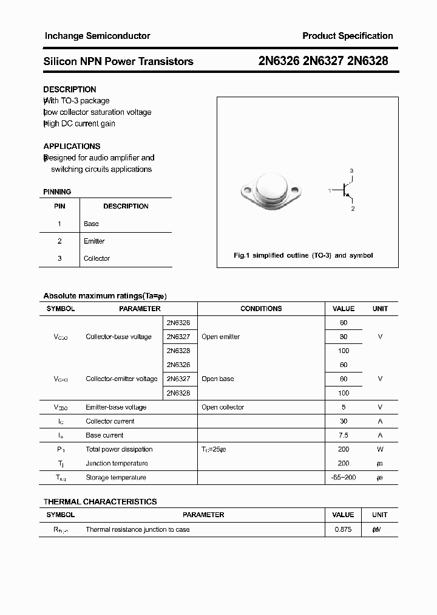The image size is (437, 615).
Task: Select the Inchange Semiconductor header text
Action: pos(97,36)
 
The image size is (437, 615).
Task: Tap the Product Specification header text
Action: pos(347,36)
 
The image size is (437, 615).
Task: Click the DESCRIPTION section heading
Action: pos(70,89)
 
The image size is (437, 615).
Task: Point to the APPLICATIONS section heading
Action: pos(72,146)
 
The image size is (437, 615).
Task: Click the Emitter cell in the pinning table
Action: pos(94,241)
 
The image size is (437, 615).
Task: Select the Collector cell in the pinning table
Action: pos(97,258)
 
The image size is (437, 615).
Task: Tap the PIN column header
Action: pos(59,206)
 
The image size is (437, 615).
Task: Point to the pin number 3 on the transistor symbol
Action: pos(351,171)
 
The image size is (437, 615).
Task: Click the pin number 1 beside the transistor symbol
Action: pos(330,191)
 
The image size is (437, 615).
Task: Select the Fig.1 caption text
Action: pos(303,255)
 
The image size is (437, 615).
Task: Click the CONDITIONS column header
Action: pos(261,309)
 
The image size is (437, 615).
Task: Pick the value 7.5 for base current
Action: pos(344,435)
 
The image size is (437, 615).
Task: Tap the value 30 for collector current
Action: pos(344,421)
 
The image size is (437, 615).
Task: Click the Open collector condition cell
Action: pos(223,407)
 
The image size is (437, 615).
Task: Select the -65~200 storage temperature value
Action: pos(344,478)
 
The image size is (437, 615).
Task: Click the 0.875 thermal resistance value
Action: pos(344,529)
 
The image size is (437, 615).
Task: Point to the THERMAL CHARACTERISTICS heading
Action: pos(100,501)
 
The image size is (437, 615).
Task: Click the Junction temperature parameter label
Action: pos(117,463)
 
